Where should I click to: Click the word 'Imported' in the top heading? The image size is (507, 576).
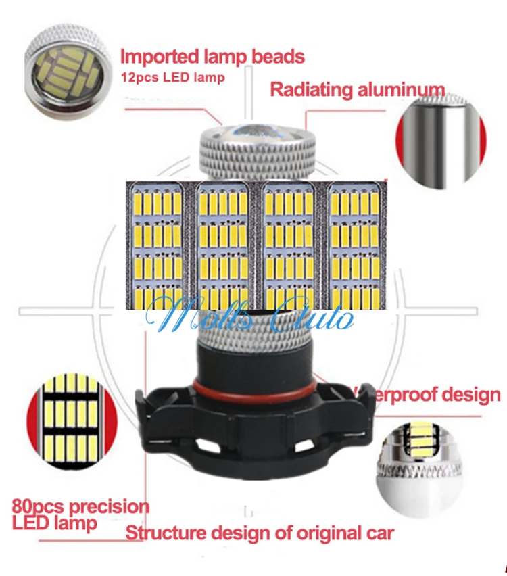pyautogui.click(x=159, y=56)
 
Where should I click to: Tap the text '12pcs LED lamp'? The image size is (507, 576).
pyautogui.click(x=172, y=77)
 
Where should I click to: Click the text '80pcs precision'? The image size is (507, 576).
pyautogui.click(x=80, y=506)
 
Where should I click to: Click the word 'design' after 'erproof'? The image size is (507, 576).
pyautogui.click(x=466, y=395)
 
